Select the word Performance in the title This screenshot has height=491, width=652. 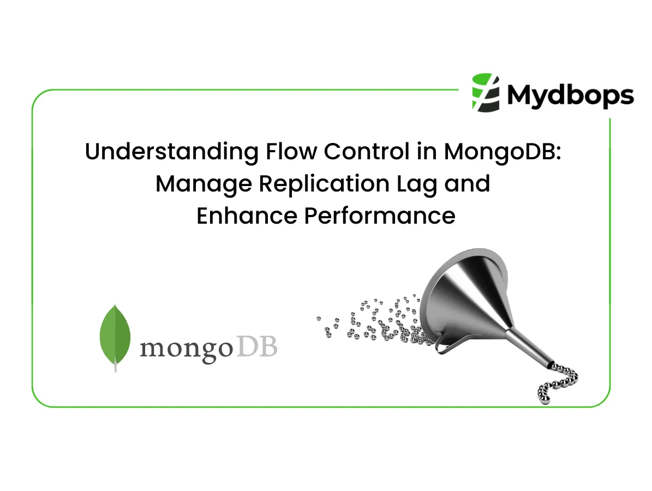tap(379, 215)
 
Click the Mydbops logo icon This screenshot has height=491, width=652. tap(486, 92)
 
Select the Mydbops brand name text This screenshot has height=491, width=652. tap(570, 95)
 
